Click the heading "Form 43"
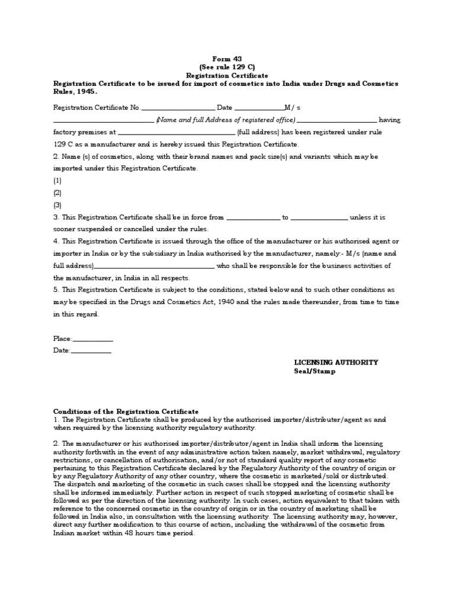pyautogui.click(x=227, y=59)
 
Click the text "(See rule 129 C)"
pyautogui.click(x=227, y=68)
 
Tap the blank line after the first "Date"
pyautogui.click(x=259, y=108)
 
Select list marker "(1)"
pyautogui.click(x=57, y=181)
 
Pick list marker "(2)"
pyautogui.click(x=57, y=193)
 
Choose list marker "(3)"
pyautogui.click(x=57, y=205)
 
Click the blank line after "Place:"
pyautogui.click(x=92, y=339)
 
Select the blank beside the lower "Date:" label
pyautogui.click(x=91, y=351)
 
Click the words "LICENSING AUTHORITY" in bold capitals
pyautogui.click(x=336, y=363)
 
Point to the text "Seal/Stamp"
pyautogui.click(x=315, y=372)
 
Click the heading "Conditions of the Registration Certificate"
pyautogui.click(x=126, y=411)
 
